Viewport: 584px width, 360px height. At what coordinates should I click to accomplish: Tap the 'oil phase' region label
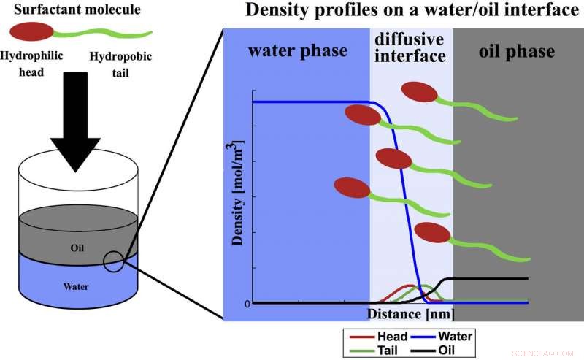point(516,52)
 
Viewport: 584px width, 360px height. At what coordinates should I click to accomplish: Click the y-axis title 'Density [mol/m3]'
point(238,192)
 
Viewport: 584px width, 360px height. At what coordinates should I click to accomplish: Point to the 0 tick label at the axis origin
point(247,303)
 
